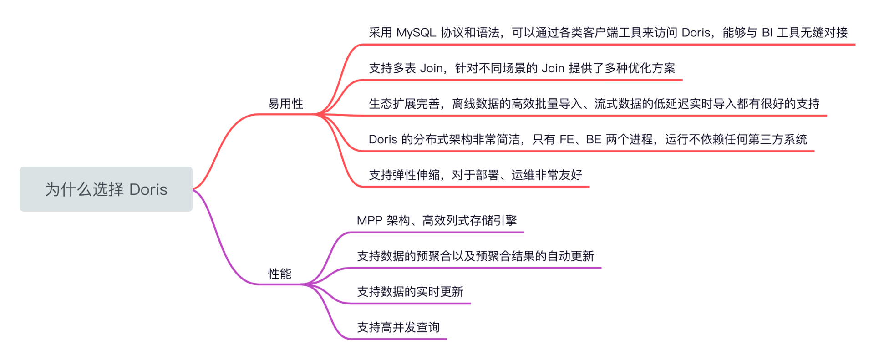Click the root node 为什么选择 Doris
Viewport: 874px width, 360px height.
click(x=106, y=189)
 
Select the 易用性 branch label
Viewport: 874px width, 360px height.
click(x=285, y=104)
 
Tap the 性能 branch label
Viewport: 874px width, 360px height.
click(x=279, y=274)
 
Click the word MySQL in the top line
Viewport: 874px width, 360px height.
click(x=416, y=33)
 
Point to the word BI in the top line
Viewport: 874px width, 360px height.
click(x=767, y=33)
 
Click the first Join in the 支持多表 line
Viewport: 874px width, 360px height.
click(x=431, y=68)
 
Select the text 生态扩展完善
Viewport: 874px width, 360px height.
click(x=404, y=104)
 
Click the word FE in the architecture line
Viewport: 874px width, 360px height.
click(x=566, y=139)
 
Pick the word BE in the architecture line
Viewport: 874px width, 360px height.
click(x=594, y=139)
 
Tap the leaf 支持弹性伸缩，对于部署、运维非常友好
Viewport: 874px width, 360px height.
click(x=475, y=175)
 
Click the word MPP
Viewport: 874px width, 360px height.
click(x=369, y=221)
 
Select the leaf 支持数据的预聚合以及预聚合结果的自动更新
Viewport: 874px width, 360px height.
click(x=475, y=256)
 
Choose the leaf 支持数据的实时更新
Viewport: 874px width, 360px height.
click(x=410, y=292)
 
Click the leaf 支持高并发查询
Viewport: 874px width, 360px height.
click(x=398, y=327)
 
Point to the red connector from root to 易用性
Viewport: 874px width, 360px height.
click(x=223, y=141)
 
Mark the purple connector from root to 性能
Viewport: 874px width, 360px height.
click(x=223, y=241)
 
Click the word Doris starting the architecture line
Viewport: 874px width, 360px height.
click(x=383, y=139)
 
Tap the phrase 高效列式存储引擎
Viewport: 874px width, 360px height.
click(x=469, y=221)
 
